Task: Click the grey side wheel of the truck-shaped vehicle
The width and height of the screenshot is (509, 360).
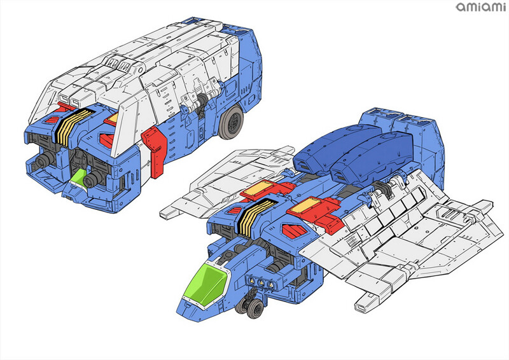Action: (x=231, y=122)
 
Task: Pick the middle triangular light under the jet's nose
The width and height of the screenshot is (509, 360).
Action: (x=261, y=283)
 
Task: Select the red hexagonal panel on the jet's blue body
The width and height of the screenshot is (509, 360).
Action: (x=295, y=230)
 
